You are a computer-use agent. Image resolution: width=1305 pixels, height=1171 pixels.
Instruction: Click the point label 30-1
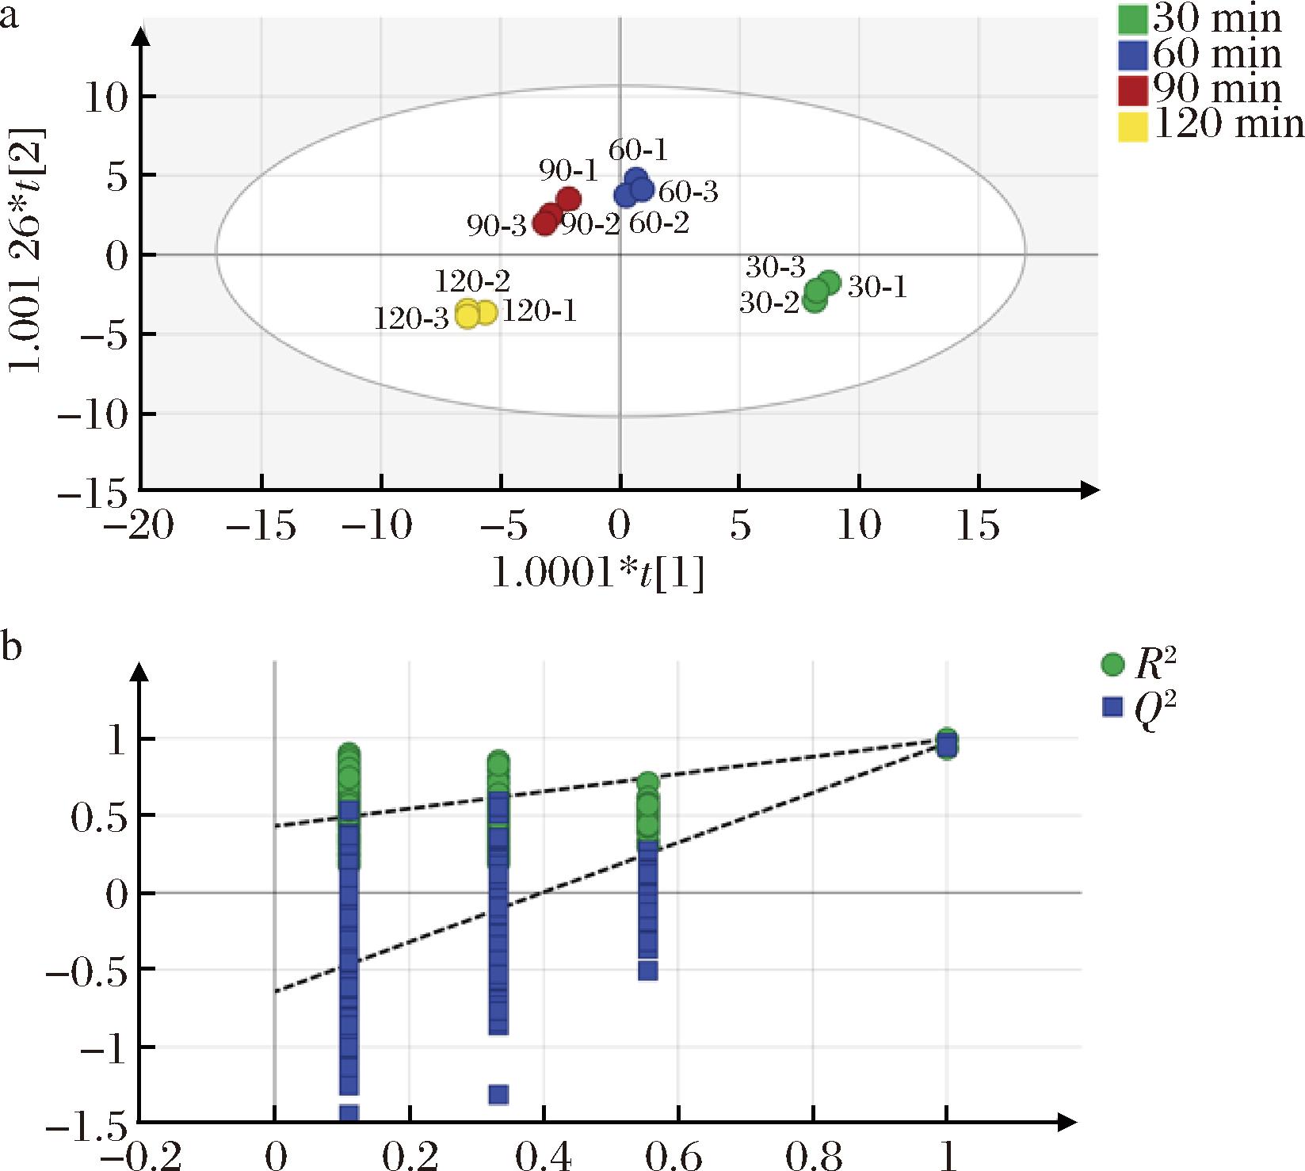pyautogui.click(x=877, y=287)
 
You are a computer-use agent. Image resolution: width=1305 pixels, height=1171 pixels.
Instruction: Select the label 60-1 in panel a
pyautogui.click(x=638, y=149)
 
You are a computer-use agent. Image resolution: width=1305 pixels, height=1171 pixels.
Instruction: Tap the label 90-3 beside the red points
pyautogui.click(x=497, y=227)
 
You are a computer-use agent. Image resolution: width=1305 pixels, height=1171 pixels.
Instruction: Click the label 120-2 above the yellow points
pyautogui.click(x=472, y=280)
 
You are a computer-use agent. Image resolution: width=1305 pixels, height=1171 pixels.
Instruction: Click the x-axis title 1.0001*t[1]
pyautogui.click(x=598, y=574)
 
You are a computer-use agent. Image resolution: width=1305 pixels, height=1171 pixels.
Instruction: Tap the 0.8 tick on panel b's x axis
pyautogui.click(x=812, y=1156)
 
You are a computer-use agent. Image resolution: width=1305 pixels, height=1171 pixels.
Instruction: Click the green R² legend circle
pyautogui.click(x=1113, y=665)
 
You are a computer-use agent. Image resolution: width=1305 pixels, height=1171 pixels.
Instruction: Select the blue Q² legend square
pyautogui.click(x=1113, y=706)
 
